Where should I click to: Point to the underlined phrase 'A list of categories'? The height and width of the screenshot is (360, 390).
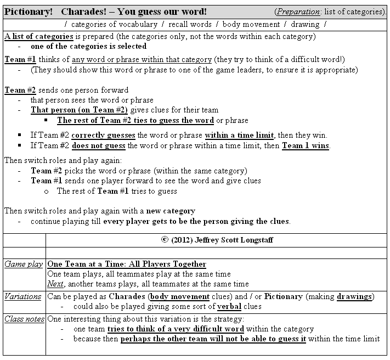point(38,36)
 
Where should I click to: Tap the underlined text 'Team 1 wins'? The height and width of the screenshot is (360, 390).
point(306,145)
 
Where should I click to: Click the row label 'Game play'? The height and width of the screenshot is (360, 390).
point(24,264)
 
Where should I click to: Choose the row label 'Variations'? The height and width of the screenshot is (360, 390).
point(23,296)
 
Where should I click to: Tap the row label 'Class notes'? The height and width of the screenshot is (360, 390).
point(24,318)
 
